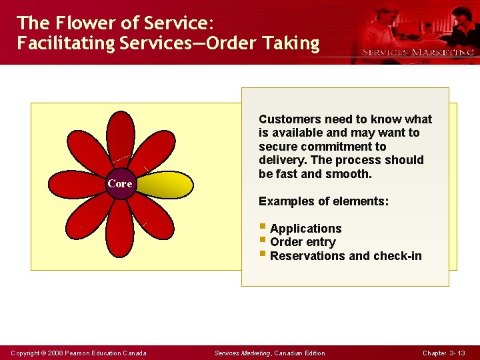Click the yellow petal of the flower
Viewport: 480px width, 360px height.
pyautogui.click(x=165, y=183)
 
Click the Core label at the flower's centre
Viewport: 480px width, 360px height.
pyautogui.click(x=121, y=183)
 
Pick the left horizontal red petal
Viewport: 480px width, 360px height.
pyautogui.click(x=77, y=183)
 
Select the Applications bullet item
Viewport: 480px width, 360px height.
pyautogui.click(x=305, y=229)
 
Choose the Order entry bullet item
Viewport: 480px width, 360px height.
pyautogui.click(x=303, y=242)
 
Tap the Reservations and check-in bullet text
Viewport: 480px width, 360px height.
pyautogui.click(x=345, y=256)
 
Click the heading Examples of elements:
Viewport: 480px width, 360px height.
pyautogui.click(x=323, y=201)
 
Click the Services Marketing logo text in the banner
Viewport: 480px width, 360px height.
pyautogui.click(x=418, y=52)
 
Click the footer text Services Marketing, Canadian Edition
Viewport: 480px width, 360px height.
pyautogui.click(x=269, y=353)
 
